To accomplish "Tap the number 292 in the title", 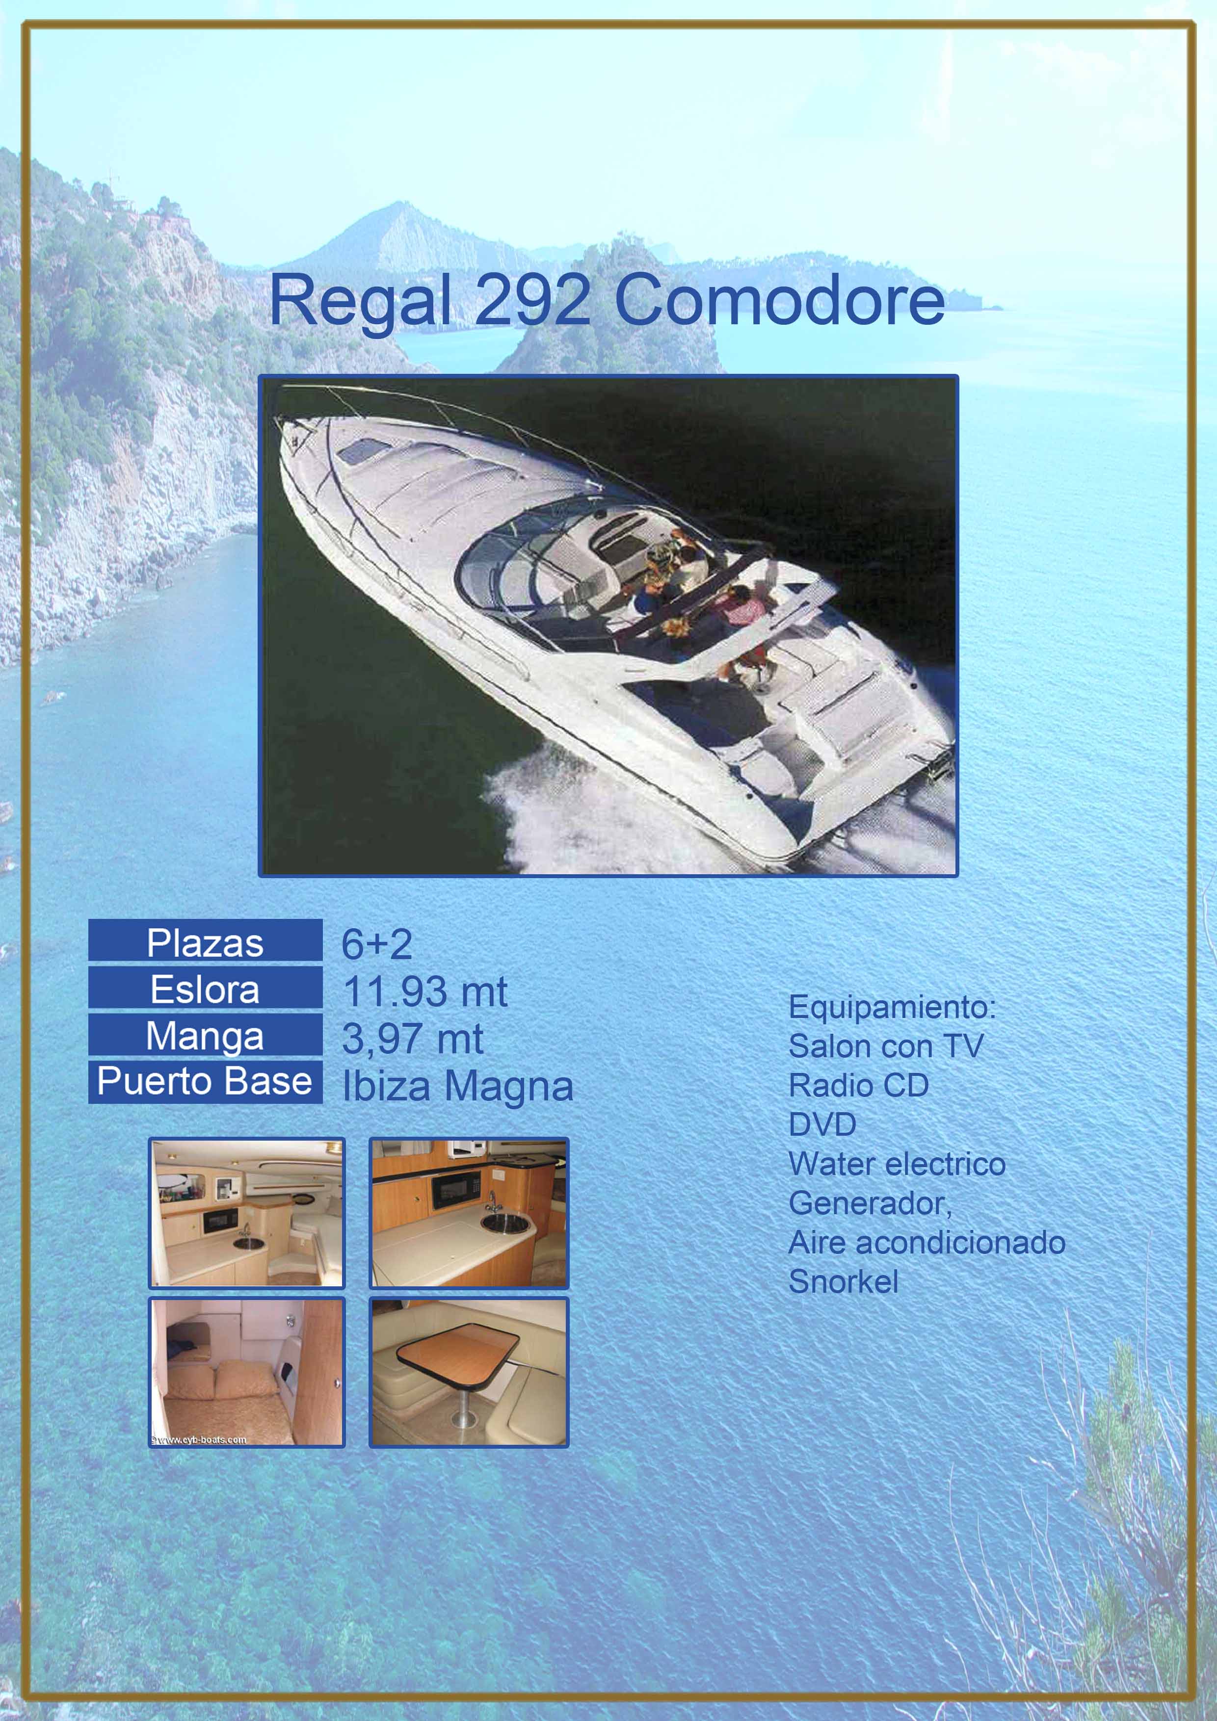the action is (x=533, y=299).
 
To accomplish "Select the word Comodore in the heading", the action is (x=779, y=300).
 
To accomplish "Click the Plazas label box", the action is (x=206, y=940).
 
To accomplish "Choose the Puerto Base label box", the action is (x=206, y=1082).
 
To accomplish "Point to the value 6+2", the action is (x=376, y=944).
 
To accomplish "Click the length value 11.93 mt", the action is (x=425, y=991).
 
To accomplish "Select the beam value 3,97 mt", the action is (x=412, y=1039).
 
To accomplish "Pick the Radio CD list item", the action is (x=859, y=1085).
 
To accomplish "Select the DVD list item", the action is (x=822, y=1124).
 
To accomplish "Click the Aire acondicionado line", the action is (x=927, y=1242).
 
